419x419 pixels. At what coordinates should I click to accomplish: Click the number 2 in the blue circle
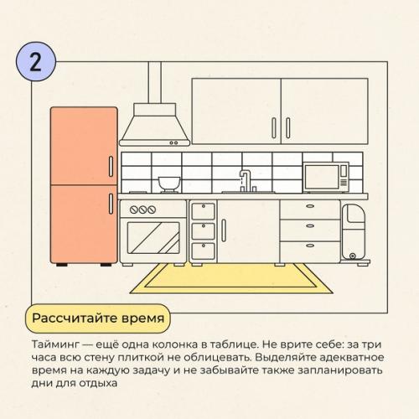click(35, 62)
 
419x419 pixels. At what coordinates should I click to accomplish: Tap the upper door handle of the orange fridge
click(111, 167)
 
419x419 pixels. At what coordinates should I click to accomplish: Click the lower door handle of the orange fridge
click(111, 204)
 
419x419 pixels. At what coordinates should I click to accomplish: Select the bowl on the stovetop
click(169, 183)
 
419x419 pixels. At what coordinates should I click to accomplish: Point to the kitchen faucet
click(246, 180)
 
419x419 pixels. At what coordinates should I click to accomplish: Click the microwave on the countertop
click(326, 177)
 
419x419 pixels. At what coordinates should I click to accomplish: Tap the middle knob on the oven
click(142, 209)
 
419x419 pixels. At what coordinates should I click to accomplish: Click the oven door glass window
click(153, 238)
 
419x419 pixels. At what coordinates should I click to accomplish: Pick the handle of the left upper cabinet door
click(274, 128)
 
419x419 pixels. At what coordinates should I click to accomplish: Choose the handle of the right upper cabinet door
click(288, 128)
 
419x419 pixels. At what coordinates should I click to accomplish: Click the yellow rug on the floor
click(231, 279)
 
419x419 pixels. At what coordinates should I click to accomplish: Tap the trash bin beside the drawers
click(354, 232)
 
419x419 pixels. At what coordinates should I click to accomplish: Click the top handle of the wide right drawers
click(310, 206)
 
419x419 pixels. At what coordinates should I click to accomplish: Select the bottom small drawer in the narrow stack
click(203, 251)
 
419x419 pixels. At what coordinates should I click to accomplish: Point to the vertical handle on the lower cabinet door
click(224, 230)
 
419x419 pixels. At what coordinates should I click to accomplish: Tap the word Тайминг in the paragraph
click(55, 344)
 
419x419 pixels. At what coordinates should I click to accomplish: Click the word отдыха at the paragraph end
click(98, 383)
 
